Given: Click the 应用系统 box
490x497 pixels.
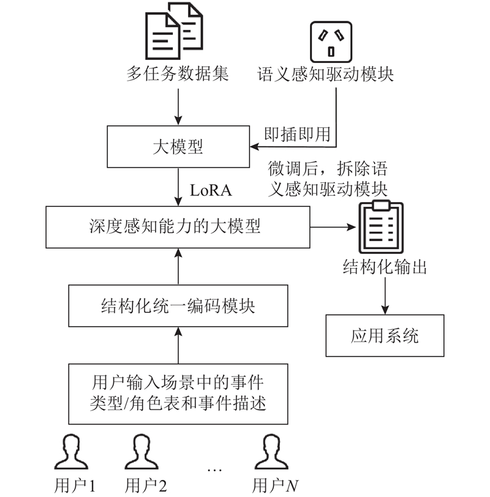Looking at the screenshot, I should [x=385, y=335].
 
